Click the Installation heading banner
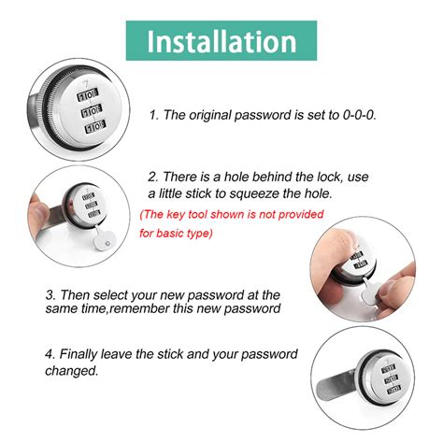pyautogui.click(x=221, y=42)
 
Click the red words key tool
pyautogui.click(x=182, y=214)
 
